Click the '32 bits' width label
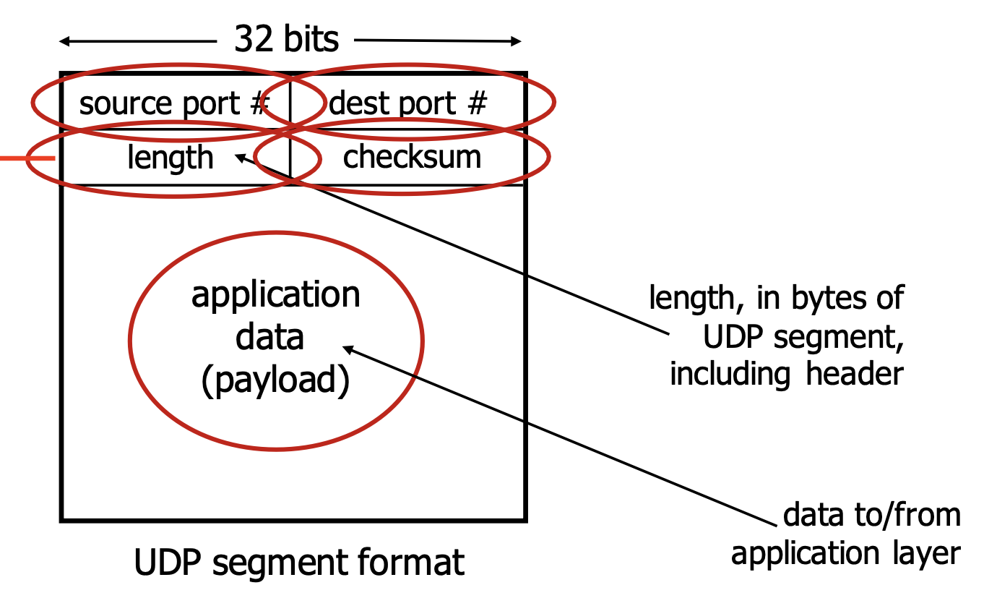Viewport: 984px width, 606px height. pyautogui.click(x=286, y=39)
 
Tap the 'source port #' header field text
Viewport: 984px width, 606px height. pyautogui.click(x=174, y=104)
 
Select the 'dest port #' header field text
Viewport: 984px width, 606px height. pyautogui.click(x=407, y=104)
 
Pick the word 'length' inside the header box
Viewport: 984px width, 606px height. pyautogui.click(x=170, y=158)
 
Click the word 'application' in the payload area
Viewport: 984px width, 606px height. pyautogui.click(x=275, y=296)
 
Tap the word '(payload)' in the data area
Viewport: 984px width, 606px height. pyautogui.click(x=275, y=380)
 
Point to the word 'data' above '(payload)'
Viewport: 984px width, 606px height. pyautogui.click(x=269, y=337)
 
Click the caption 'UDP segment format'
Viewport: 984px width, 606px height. pyautogui.click(x=299, y=562)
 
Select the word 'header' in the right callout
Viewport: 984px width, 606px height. pyautogui.click(x=855, y=374)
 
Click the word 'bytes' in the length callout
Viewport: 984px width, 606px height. pyautogui.click(x=830, y=298)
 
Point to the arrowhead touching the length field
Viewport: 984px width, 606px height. pyautogui.click(x=241, y=158)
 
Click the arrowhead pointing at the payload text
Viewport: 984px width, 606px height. pyautogui.click(x=348, y=349)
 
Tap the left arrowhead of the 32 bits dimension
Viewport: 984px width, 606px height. pyautogui.click(x=64, y=42)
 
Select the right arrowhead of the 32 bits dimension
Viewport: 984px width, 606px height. pyautogui.click(x=516, y=41)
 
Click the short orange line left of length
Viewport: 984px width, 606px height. pyautogui.click(x=27, y=158)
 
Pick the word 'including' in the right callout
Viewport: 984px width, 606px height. pyautogui.click(x=730, y=375)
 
